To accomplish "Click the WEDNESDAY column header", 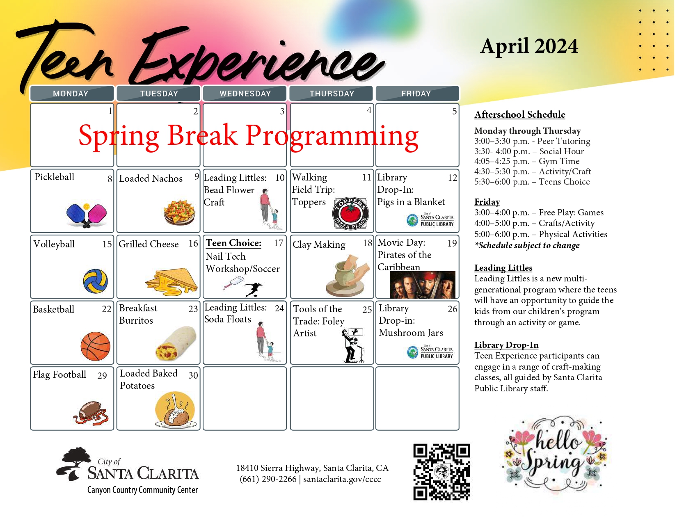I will pos(245,94).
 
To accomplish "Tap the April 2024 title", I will pos(529,46).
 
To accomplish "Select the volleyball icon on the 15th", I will pos(95,281).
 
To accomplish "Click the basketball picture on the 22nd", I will pos(96,346).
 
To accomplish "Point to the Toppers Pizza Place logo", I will pos(350,213).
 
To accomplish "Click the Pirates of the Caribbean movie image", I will pos(422,284).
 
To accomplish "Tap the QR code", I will pos(441,472).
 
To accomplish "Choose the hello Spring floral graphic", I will pos(556,455).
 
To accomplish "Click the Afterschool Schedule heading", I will pos(519,114).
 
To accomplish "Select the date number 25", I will pos(367,310).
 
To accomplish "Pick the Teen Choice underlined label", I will pos(233,243).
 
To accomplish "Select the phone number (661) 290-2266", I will pos(268,479).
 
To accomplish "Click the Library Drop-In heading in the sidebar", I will pos(506,345).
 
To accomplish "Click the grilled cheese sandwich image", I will pos(172,282).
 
